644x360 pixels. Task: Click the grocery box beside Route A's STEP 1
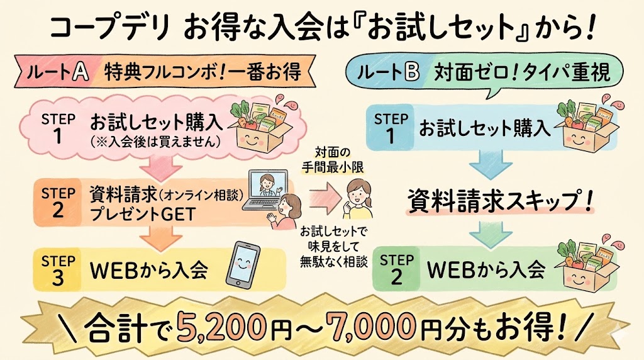pyautogui.click(x=258, y=126)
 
